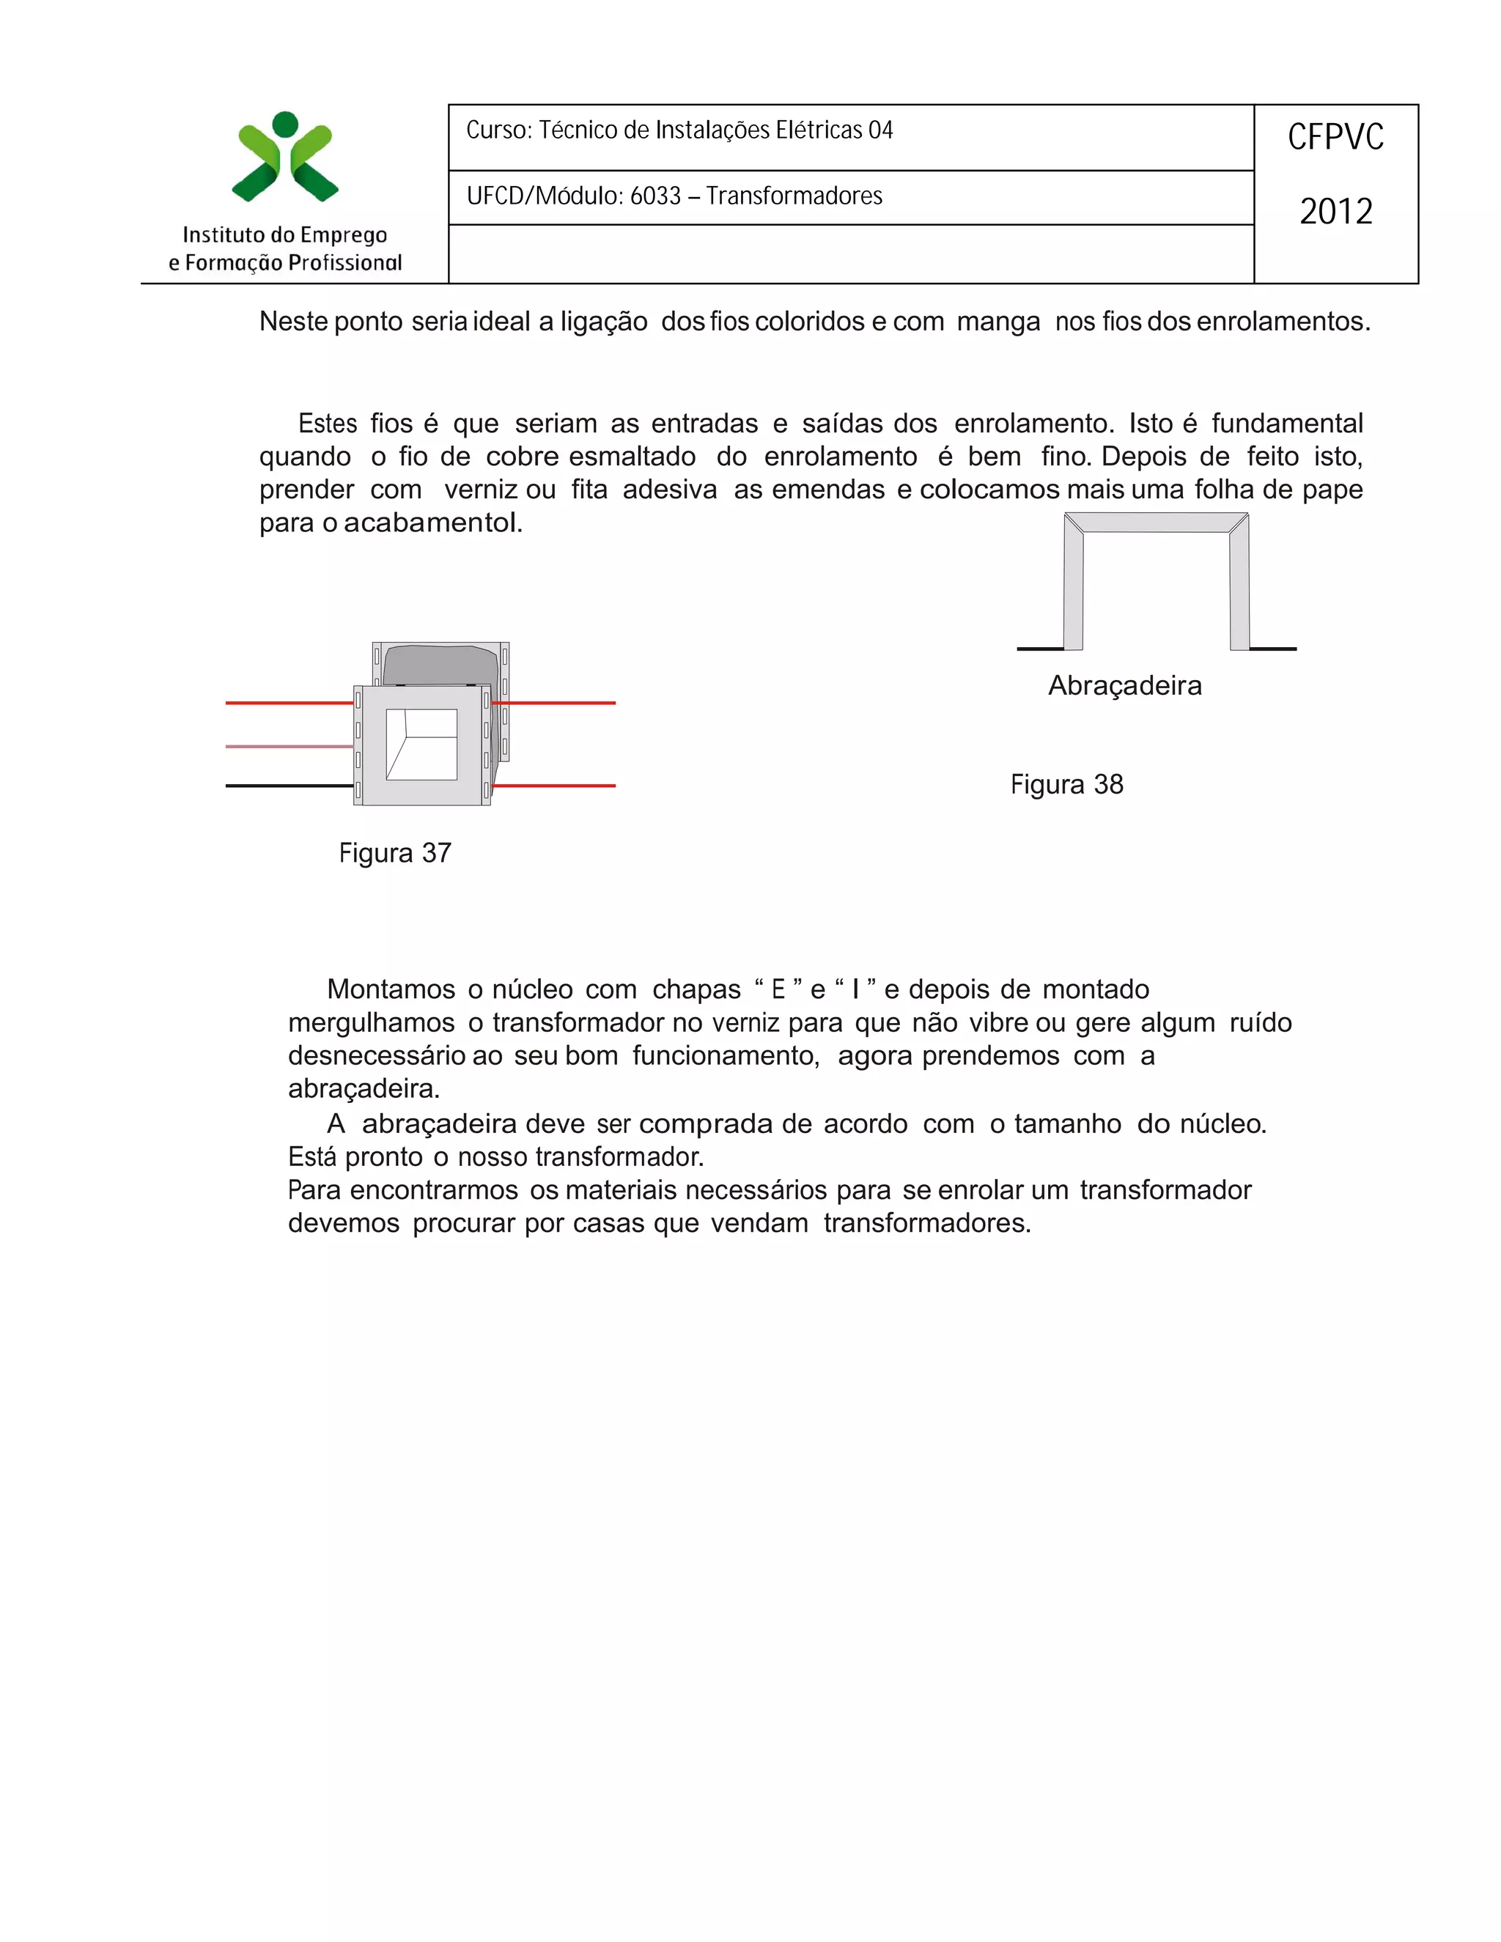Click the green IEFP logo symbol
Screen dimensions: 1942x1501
tap(284, 158)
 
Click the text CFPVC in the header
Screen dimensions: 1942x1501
tap(1335, 138)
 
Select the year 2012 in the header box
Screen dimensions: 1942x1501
tap(1335, 212)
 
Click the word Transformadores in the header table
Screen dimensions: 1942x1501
tap(793, 196)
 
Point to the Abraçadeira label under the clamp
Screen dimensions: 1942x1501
tap(1124, 686)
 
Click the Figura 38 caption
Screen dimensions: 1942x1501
tap(1066, 784)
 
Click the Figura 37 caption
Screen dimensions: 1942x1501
tap(395, 853)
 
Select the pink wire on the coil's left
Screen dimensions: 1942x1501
tap(289, 746)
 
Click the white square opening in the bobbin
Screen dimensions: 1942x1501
tap(421, 745)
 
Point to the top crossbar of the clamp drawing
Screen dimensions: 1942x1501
tap(1156, 523)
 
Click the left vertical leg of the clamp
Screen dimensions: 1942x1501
tap(1073, 587)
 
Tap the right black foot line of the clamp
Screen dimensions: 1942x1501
tap(1272, 649)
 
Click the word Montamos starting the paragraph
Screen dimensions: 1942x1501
tap(391, 989)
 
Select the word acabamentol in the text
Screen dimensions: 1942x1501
tap(430, 523)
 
